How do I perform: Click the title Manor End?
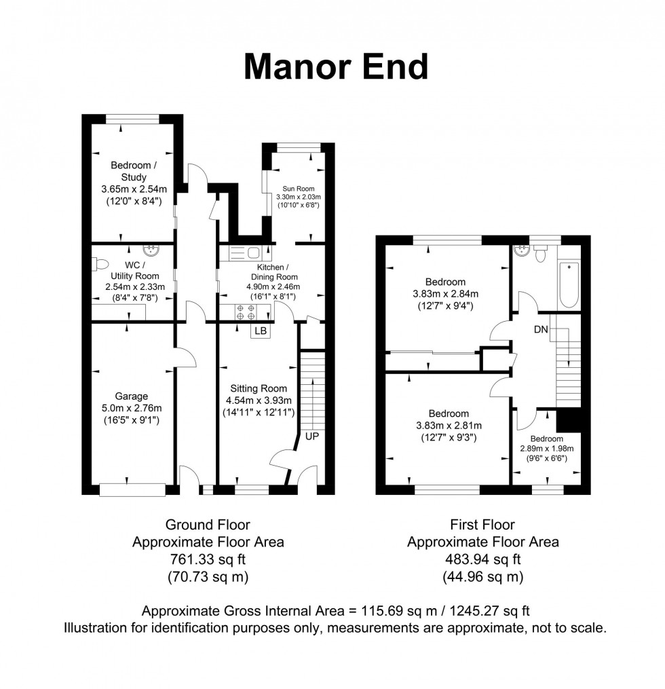click(336, 67)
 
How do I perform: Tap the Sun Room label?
click(299, 189)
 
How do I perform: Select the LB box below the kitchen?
click(261, 331)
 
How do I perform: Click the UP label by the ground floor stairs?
click(312, 436)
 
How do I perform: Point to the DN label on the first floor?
click(541, 329)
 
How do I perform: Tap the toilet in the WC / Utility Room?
click(100, 265)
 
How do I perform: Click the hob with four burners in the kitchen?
click(246, 312)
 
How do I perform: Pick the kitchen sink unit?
click(245, 253)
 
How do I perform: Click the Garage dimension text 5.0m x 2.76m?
click(132, 408)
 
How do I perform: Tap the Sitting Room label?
click(259, 388)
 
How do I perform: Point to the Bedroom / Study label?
click(134, 171)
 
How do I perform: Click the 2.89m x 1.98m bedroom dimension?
click(547, 449)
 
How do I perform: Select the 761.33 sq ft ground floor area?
click(208, 559)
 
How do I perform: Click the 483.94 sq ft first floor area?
click(482, 559)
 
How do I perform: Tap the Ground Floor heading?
click(208, 525)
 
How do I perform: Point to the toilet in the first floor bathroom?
click(541, 254)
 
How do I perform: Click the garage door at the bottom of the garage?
click(132, 490)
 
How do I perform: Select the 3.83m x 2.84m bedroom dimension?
click(445, 294)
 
